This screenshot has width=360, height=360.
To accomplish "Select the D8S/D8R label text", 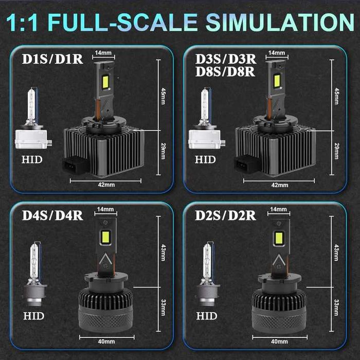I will [225, 72].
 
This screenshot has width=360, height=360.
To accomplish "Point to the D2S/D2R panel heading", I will [225, 214].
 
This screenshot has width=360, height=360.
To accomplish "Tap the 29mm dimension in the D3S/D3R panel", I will [337, 151].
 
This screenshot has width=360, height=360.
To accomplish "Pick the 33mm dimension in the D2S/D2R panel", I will [337, 307].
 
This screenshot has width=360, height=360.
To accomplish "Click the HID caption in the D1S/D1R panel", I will [32, 160].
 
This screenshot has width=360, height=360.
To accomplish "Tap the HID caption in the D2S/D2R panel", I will [206, 316].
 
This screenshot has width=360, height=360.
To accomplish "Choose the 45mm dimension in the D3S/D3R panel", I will [337, 95].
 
